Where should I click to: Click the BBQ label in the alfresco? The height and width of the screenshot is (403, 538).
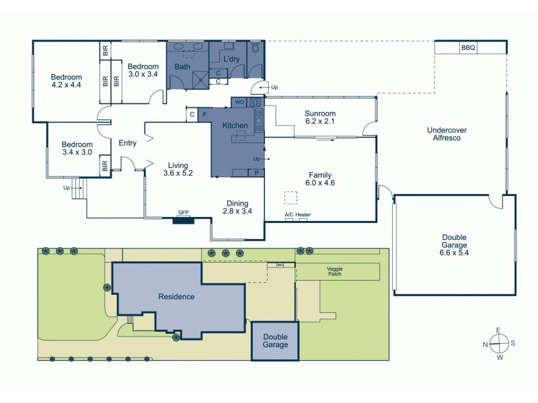[x=468, y=48]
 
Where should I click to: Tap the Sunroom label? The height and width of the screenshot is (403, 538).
[x=320, y=118]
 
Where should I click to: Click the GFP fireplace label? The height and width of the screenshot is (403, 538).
[x=183, y=212]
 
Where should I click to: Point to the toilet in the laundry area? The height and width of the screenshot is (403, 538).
[x=256, y=50]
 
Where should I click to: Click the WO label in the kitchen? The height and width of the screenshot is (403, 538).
[x=239, y=102]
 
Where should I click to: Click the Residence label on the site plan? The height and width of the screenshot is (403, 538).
[x=176, y=296]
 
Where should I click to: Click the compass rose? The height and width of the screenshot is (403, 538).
[x=498, y=343]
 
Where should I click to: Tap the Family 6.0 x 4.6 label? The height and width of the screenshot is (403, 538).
[x=320, y=178]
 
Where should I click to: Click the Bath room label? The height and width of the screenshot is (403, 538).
[x=182, y=67]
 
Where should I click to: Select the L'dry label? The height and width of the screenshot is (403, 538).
[x=231, y=60]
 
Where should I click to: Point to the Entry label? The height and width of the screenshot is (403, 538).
[x=128, y=143]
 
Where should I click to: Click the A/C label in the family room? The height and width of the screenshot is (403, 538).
[x=289, y=215]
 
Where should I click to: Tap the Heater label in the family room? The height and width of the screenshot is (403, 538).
[x=303, y=215]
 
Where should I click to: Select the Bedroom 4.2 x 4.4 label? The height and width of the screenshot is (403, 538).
[x=66, y=81]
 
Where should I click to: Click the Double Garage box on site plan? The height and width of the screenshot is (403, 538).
[x=275, y=341]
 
